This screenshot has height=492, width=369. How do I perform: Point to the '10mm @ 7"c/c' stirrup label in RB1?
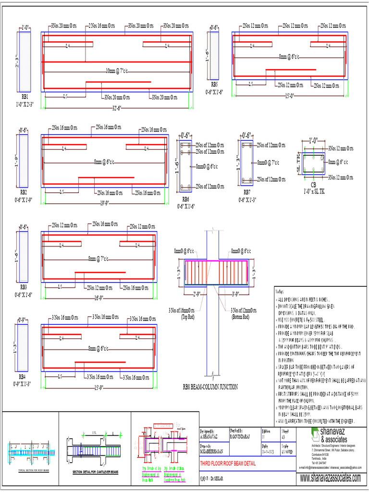coord(118,71)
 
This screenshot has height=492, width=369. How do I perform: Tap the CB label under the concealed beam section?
coord(313,184)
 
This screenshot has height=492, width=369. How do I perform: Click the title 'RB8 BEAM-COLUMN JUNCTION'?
coord(210,386)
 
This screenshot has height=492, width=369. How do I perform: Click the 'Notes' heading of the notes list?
coord(280,291)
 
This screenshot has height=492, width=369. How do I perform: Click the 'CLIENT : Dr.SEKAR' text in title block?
coord(213,479)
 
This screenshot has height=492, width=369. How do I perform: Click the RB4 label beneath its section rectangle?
coord(23,378)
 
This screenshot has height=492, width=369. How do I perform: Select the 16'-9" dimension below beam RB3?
coord(99,298)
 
